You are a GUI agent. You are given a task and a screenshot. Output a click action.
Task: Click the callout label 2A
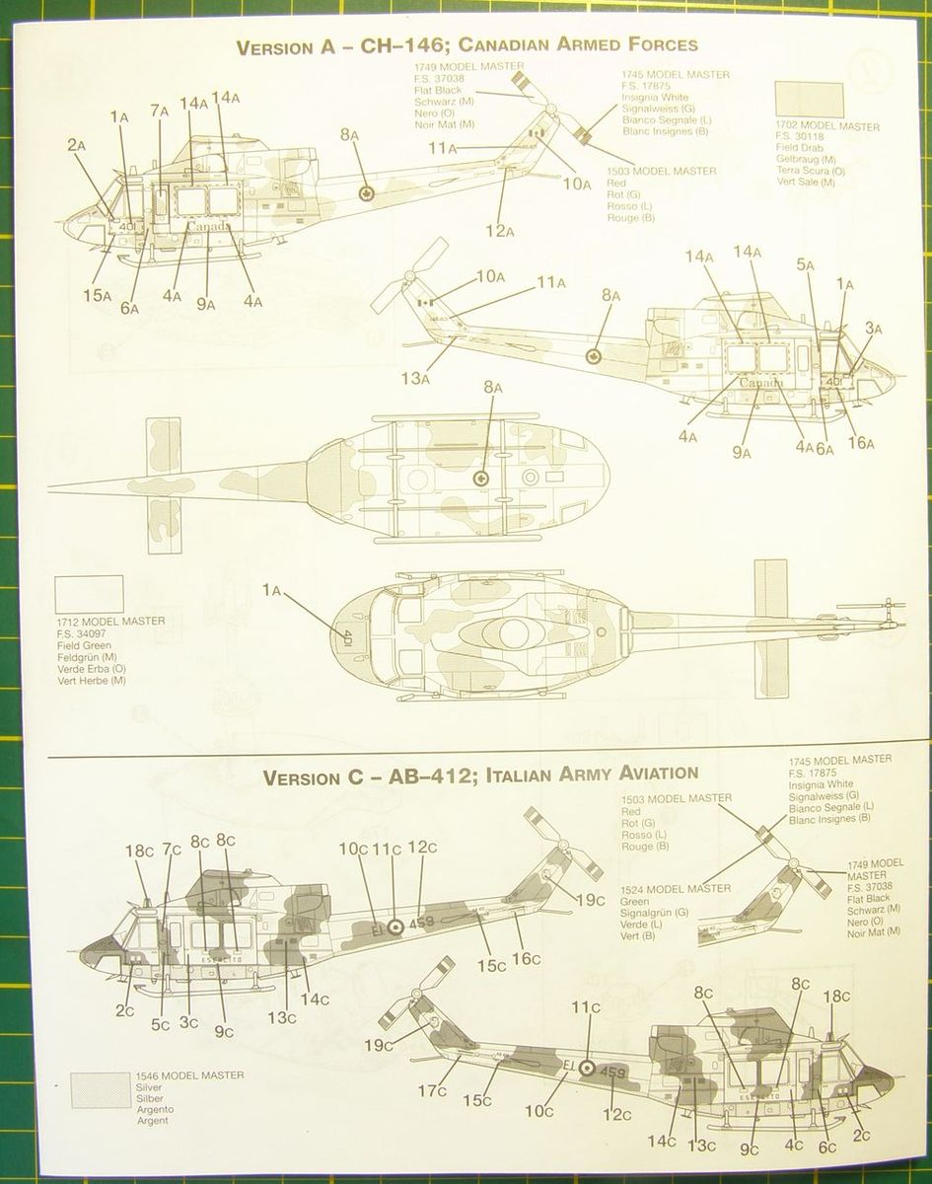(78, 145)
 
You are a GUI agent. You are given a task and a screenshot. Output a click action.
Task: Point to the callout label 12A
(500, 232)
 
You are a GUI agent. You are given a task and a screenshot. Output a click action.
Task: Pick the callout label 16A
(861, 443)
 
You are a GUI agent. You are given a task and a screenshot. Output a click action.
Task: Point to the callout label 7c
(172, 849)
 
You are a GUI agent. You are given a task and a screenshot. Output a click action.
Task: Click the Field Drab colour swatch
(809, 100)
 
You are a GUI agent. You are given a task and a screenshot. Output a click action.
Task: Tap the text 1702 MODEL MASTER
(826, 126)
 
